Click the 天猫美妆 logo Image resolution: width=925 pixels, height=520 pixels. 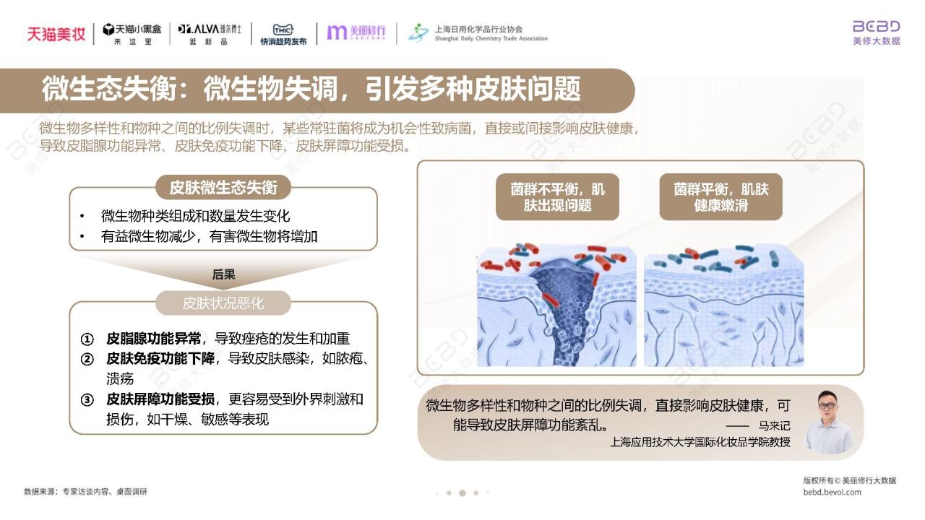(56, 34)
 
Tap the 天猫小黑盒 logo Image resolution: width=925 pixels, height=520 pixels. (132, 34)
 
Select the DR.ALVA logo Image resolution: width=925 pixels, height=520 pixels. (210, 34)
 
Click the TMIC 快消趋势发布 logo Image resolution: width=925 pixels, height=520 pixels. (283, 34)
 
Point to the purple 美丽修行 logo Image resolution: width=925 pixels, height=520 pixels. (356, 32)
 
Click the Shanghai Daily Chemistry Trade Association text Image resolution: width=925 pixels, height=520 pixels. (491, 38)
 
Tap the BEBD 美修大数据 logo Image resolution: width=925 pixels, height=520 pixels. (877, 32)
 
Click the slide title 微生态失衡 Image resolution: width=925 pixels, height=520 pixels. (109, 89)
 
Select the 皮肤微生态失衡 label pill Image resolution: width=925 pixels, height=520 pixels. (223, 187)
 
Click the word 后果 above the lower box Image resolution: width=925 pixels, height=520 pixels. (223, 274)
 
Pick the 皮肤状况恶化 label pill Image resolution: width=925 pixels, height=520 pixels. (223, 303)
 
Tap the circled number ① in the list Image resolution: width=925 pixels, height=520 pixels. (87, 339)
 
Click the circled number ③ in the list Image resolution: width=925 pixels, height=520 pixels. (87, 400)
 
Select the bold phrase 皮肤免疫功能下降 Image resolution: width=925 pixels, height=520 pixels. (160, 359)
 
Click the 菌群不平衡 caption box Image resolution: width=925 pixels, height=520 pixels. (557, 197)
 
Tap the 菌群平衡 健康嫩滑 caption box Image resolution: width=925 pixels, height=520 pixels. (721, 197)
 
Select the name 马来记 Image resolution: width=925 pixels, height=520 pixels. (774, 425)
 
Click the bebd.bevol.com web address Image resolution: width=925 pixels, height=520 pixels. (832, 492)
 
